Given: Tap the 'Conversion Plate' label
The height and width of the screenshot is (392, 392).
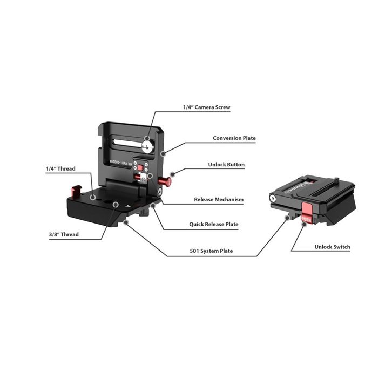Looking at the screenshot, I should coord(234,138).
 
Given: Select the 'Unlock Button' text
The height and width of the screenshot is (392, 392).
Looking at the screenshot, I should coord(226,165).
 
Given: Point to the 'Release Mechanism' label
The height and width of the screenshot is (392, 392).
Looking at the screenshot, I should coord(218,200).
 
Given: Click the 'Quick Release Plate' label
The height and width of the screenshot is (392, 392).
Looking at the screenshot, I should coord(213,224).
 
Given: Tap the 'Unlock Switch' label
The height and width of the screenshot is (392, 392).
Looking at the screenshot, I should coord(332,247).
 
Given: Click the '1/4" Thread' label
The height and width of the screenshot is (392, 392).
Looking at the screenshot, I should coord(60,168).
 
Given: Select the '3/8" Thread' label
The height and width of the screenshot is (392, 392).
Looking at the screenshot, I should coord(63,234).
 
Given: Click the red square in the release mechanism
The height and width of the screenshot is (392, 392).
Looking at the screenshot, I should coord(140,168).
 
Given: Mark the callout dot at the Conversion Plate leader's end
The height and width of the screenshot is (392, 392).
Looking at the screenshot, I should coord(162,154).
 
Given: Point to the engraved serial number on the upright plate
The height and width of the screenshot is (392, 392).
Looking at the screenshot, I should coord(120,160).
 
